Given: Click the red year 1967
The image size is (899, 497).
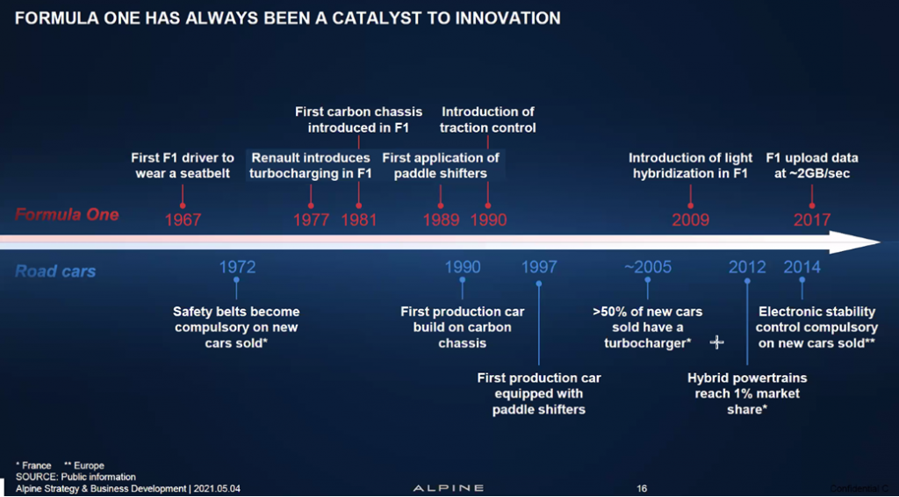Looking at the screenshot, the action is tap(183, 220).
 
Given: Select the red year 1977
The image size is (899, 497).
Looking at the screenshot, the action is tap(312, 220).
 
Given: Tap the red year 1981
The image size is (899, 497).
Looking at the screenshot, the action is tap(359, 220).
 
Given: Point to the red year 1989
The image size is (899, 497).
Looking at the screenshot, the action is tap(441, 220).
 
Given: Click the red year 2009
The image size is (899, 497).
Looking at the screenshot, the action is tap(691, 220).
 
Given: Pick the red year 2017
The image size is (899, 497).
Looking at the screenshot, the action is tap(812, 220).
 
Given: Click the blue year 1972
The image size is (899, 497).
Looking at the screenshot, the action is tap(237, 267).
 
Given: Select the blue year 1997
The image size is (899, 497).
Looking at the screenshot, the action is tap(539, 267).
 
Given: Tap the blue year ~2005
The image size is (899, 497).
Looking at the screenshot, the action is tap(647, 267).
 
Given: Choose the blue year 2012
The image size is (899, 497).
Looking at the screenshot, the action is tap(747, 267).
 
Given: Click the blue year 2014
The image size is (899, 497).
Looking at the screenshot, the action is tap(802, 267).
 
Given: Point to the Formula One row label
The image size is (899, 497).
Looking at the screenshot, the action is tap(67, 215).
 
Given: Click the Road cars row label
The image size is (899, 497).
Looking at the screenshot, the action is tap(55, 271).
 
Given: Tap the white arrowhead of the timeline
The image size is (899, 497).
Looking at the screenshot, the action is tap(854, 241).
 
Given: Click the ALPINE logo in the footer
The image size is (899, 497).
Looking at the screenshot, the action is tap(449, 488).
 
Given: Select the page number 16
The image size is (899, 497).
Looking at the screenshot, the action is tap(642, 488).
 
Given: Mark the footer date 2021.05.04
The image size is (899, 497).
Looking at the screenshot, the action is tap(217, 489).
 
